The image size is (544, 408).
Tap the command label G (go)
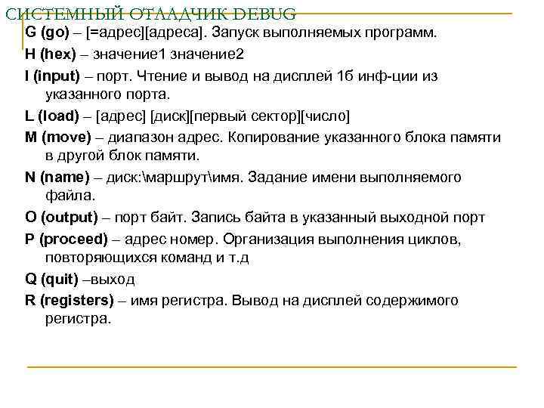click(x=46, y=35)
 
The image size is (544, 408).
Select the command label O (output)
click(x=61, y=218)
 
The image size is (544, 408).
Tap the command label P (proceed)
click(x=67, y=239)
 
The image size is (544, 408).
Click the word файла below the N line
click(x=70, y=196)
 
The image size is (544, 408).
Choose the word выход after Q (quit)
click(x=111, y=280)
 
